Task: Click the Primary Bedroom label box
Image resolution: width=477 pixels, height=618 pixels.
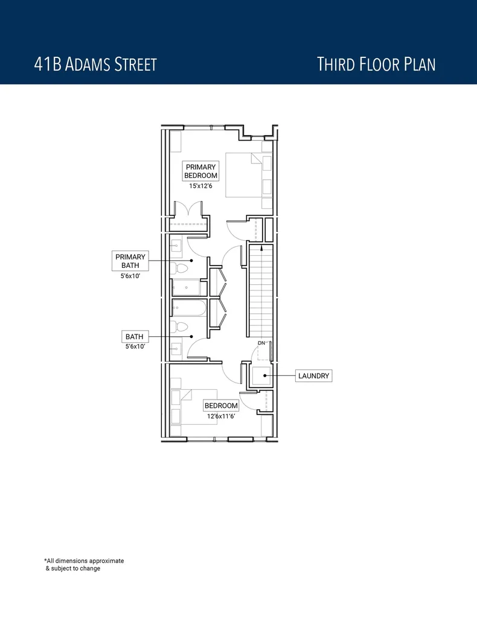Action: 201,171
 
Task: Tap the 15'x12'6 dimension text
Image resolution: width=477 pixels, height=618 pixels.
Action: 201,186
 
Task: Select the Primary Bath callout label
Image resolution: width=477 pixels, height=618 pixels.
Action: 130,261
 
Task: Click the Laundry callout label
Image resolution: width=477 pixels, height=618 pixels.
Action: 314,375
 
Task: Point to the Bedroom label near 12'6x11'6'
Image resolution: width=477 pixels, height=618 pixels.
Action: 221,406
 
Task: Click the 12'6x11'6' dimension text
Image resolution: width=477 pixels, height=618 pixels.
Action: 221,416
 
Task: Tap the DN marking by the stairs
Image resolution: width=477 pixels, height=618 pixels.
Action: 261,343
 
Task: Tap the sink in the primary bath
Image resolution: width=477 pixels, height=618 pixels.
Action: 176,245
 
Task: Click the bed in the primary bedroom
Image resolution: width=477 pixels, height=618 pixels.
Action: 245,175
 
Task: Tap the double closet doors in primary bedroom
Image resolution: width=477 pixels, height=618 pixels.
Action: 191,209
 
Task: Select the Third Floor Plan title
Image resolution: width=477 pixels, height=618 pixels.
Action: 376,64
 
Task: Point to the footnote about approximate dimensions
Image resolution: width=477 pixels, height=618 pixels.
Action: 83,564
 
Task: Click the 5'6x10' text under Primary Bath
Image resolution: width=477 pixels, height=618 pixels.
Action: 130,276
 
